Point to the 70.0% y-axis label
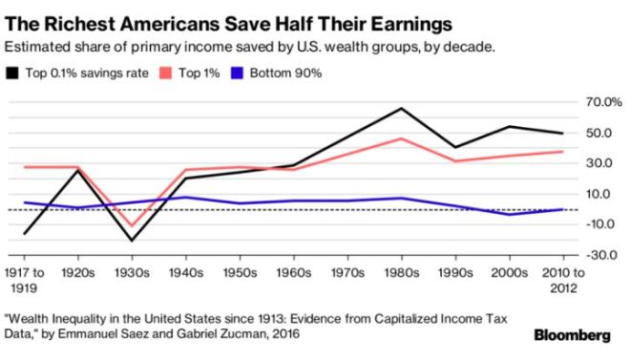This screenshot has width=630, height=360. point(604,101)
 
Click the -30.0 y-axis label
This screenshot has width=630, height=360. point(604,255)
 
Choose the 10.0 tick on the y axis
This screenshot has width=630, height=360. point(606,194)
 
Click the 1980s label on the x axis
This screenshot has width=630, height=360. point(403,273)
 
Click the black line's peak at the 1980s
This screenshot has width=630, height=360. point(403,108)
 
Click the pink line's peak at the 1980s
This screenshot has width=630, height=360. point(403,138)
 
